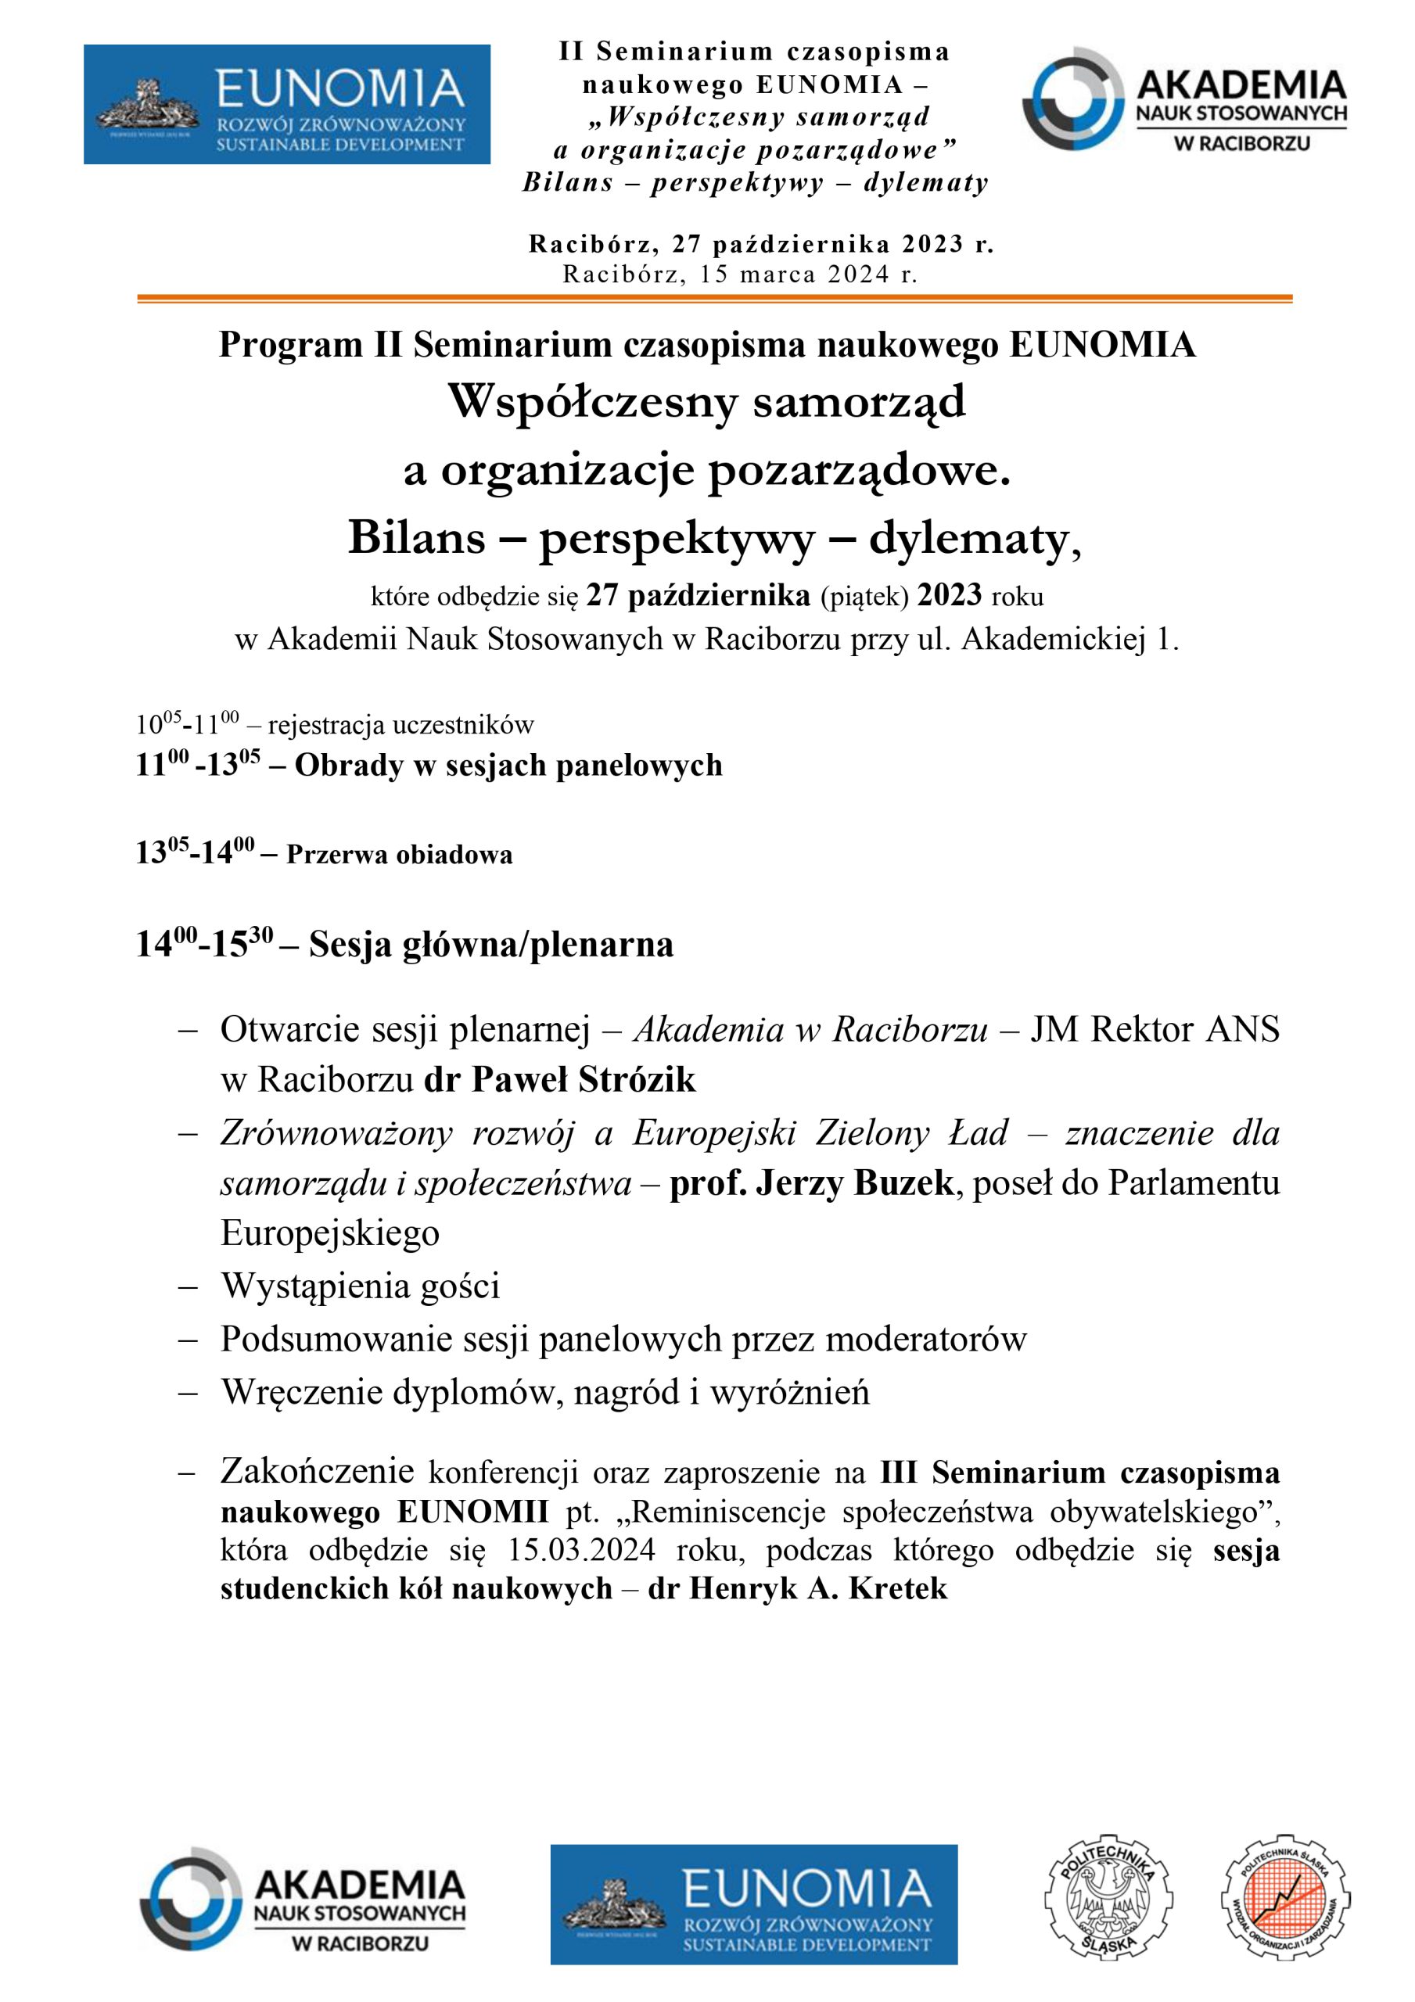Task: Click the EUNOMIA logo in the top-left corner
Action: click(x=286, y=105)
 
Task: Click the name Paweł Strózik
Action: click(x=584, y=1080)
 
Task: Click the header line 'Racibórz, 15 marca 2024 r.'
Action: click(x=740, y=274)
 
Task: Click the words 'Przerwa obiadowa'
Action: click(x=399, y=855)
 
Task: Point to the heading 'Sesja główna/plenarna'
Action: click(x=491, y=945)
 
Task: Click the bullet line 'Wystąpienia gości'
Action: click(x=361, y=1286)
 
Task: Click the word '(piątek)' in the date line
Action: click(x=864, y=597)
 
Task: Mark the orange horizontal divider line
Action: click(x=713, y=299)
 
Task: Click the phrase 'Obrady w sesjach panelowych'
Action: click(x=508, y=766)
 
